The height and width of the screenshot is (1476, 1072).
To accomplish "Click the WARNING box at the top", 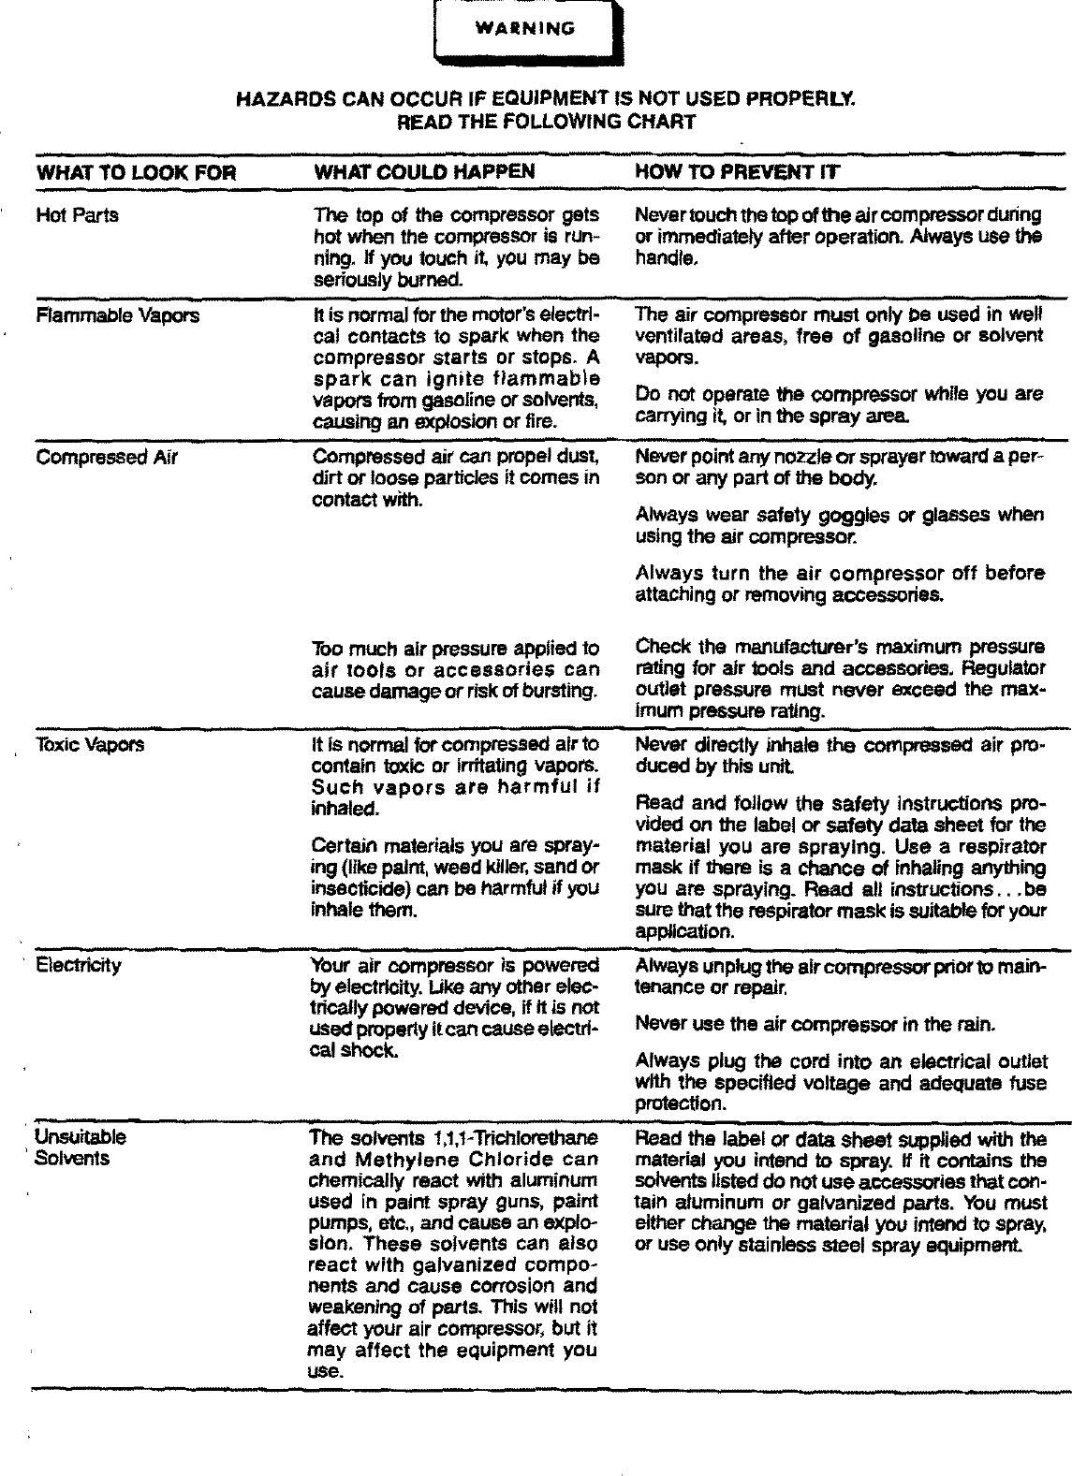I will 525,29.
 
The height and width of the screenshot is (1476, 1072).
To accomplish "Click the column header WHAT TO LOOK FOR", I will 136,172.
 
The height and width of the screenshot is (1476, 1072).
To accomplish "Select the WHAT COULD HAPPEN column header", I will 423,171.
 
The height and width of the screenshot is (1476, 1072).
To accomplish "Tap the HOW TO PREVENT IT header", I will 737,171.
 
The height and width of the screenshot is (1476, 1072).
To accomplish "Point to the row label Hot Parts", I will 77,215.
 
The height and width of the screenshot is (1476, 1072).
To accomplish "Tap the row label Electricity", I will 78,965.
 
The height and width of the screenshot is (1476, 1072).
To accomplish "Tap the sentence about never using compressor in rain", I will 815,1025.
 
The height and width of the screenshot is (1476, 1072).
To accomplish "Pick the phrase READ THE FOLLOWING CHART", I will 547,122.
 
